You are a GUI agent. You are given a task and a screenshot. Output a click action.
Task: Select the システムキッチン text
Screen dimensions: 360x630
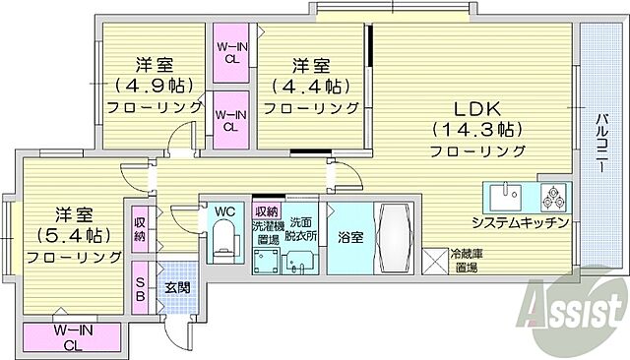click(521, 222)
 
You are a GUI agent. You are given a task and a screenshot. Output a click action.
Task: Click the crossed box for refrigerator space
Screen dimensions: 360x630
click(435, 262)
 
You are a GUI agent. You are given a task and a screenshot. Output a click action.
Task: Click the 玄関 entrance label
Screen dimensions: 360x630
click(178, 286)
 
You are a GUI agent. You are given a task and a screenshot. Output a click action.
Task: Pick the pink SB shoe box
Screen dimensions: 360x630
click(141, 288)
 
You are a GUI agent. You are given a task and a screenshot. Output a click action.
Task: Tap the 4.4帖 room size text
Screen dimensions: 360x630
click(309, 85)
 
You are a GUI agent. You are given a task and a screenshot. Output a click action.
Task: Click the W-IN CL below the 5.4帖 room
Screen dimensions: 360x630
click(74, 336)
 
